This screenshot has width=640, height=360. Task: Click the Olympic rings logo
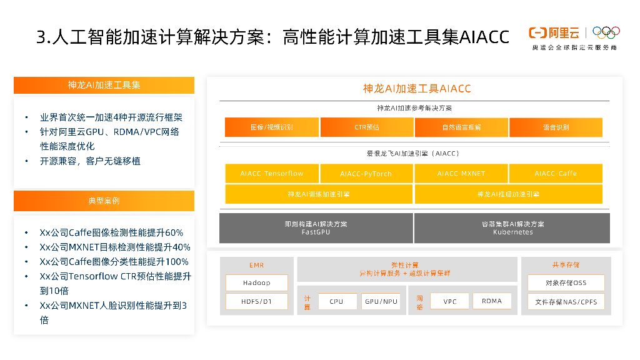pos(606,32)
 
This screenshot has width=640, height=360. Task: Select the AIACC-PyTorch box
pos(366,173)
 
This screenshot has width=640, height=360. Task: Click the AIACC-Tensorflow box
pos(272,173)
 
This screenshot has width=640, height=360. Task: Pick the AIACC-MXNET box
pos(461,173)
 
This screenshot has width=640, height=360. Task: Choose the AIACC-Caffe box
pos(556,173)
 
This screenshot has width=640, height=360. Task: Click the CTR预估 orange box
pos(366,127)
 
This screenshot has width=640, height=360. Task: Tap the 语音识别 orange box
pos(556,127)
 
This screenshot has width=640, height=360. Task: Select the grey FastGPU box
pos(316,228)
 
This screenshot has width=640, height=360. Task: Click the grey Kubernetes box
pos(512,228)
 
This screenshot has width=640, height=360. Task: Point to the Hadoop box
pos(257,282)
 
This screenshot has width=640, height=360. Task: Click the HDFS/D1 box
pos(257,301)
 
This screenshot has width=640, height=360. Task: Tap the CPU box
pos(336,301)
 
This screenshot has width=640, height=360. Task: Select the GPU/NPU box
pos(381,301)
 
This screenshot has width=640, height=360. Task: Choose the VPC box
pos(449,301)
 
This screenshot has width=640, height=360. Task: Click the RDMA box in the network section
pos(492,301)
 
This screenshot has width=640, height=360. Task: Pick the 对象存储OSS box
pos(566,282)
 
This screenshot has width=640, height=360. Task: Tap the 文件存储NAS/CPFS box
pos(566,302)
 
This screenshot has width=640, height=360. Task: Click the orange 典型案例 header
pos(104,201)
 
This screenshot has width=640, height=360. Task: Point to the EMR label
pos(257,265)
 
